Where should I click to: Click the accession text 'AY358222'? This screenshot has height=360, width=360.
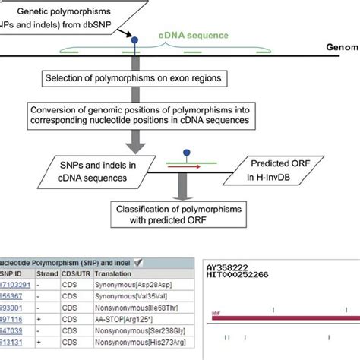[x=226, y=268]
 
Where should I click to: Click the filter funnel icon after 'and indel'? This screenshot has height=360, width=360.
[x=139, y=262]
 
